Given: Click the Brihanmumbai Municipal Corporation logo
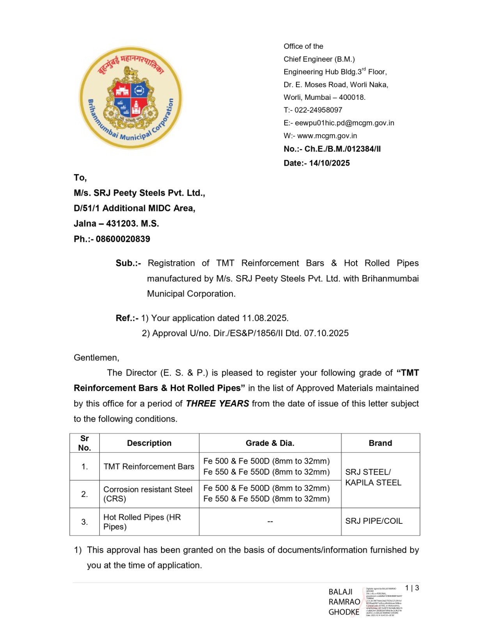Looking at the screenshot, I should point(131,98).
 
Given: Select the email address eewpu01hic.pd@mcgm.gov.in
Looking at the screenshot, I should point(344,123).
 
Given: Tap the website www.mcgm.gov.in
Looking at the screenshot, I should point(327,136).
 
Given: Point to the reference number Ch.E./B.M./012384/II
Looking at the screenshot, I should point(342,149).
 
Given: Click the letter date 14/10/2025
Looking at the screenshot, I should point(329,163).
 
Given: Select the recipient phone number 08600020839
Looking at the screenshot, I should point(123,239).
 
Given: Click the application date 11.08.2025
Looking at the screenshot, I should point(265,318).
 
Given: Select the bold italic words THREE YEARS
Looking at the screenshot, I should point(217,403).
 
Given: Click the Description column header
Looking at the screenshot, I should point(149,443).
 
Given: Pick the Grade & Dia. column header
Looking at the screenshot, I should point(270,443).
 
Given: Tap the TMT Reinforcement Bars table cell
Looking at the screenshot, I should point(149,466).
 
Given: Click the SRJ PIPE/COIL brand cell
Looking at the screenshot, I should point(374,521).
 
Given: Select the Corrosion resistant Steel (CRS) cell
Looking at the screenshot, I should point(148,494).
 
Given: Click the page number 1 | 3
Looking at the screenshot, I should point(412,588).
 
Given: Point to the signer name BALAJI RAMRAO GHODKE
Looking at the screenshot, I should point(344,602).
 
